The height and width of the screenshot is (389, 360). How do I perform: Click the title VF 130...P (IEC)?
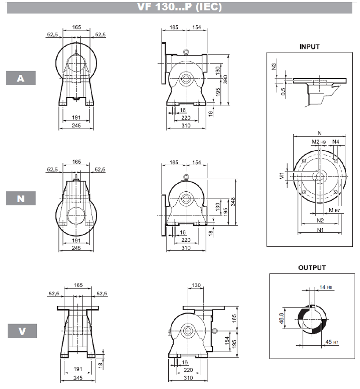[x=179, y=7]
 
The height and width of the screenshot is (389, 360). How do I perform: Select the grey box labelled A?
[x=21, y=78]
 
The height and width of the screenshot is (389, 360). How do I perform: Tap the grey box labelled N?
[x=21, y=198]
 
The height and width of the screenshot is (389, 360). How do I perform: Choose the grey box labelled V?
[x=22, y=331]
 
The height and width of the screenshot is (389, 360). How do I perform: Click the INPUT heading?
[x=310, y=47]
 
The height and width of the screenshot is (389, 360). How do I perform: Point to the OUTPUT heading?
[x=312, y=268]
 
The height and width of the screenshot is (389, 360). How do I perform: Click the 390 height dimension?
[x=225, y=79]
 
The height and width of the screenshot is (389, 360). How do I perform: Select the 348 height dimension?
[x=233, y=202]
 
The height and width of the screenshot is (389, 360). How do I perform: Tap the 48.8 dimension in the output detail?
[x=281, y=318]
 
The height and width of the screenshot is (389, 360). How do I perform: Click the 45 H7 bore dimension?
[x=332, y=342]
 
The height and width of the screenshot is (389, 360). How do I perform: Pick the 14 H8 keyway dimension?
[x=325, y=287]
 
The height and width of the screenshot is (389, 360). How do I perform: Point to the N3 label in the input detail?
[x=274, y=67]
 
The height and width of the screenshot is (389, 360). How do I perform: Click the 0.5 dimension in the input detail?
[x=283, y=92]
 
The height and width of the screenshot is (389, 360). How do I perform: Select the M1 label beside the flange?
[x=282, y=176]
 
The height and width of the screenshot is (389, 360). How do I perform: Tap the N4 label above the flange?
[x=335, y=142]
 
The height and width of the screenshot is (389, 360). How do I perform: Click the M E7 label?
[x=334, y=210]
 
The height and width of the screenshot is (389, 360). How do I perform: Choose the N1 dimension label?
[x=320, y=230]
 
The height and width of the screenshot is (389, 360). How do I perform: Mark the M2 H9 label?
[x=319, y=142]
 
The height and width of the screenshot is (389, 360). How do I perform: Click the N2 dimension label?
[x=320, y=221]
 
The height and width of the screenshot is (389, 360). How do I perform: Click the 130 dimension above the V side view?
[x=196, y=285]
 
